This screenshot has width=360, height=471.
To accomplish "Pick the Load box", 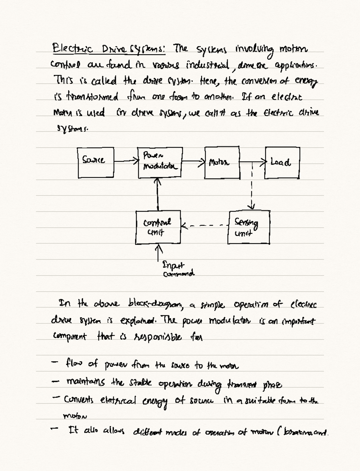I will [282, 163].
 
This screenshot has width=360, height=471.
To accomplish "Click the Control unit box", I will [158, 227].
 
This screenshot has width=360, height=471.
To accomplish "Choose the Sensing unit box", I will [249, 227].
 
